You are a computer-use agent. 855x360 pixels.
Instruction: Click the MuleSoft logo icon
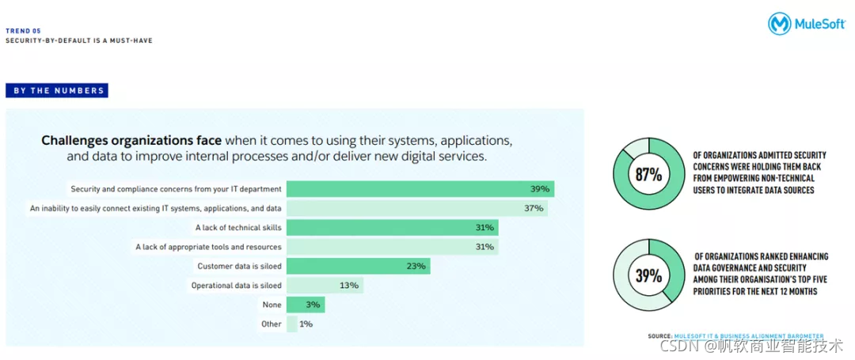point(780,24)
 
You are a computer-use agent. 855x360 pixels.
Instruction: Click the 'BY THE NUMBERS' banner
point(57,90)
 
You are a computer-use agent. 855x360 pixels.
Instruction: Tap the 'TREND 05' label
point(24,31)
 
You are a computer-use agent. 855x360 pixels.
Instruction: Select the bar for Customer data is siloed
point(359,267)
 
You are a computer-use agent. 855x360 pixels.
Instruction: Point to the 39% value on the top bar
point(540,189)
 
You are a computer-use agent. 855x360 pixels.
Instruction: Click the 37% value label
point(534,208)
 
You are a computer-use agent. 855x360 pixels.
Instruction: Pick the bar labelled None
point(306,305)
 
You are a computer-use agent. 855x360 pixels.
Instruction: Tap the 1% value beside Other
point(306,324)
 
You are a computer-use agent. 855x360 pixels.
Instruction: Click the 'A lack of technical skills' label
point(239,228)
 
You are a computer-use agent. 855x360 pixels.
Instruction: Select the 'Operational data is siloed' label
point(237,286)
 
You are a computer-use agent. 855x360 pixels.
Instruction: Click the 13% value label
point(349,286)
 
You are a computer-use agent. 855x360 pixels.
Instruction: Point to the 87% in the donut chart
point(648,176)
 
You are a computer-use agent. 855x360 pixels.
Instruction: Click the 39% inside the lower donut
point(648,275)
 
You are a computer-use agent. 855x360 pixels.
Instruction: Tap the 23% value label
point(416,267)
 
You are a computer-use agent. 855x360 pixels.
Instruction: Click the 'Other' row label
point(272,324)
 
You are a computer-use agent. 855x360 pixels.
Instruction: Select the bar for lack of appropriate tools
point(393,247)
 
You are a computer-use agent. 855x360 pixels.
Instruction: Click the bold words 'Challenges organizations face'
point(131,141)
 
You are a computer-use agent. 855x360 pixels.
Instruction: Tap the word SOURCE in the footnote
point(659,336)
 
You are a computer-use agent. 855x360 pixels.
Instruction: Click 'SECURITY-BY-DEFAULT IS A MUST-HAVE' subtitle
point(79,41)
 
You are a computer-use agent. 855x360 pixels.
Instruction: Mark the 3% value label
point(313,305)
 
